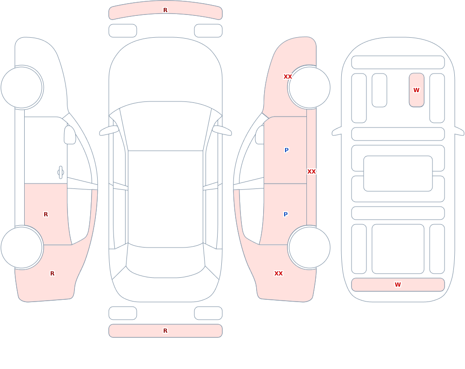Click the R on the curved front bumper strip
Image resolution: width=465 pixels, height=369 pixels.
tap(166, 10)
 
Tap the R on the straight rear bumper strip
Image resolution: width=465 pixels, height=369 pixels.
tap(166, 331)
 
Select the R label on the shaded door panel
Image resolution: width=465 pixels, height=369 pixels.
tap(46, 215)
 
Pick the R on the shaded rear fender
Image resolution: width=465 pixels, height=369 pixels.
tap(52, 274)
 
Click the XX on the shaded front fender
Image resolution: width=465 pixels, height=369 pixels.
tap(288, 77)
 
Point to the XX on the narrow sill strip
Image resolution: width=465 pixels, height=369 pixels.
tap(312, 172)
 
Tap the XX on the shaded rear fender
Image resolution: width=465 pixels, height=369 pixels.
tap(279, 274)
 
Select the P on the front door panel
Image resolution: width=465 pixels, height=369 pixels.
tap(286, 150)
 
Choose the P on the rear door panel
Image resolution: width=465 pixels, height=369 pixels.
tap(286, 215)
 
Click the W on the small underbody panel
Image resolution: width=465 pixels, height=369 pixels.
tap(416, 90)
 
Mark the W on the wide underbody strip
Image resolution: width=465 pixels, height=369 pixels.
tap(398, 285)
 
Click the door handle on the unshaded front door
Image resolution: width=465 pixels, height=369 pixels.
tap(60, 173)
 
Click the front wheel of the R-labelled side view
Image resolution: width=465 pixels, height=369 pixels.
tap(22, 87)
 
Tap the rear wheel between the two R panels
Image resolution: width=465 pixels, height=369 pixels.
tap(22, 248)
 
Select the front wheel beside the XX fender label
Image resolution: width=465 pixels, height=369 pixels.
tap(309, 87)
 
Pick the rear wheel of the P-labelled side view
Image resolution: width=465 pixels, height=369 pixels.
tap(309, 248)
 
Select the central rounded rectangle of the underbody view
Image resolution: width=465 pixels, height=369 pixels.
tap(398, 174)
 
